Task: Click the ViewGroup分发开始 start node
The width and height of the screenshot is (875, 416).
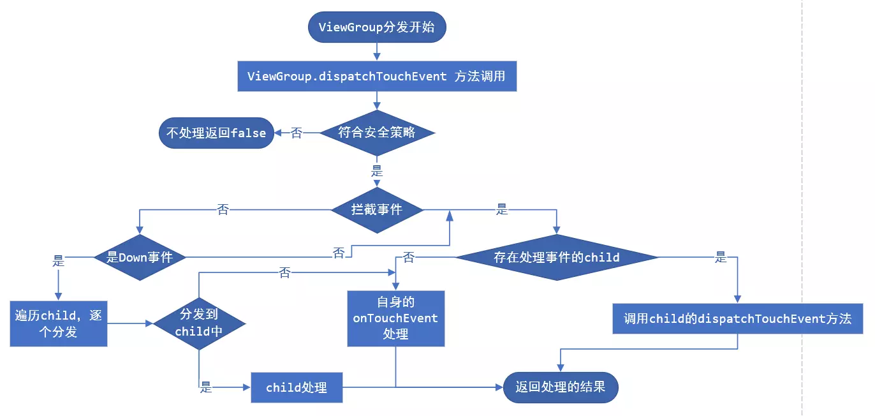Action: point(376,27)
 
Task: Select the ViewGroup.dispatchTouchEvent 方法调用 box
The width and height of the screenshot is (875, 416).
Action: point(376,77)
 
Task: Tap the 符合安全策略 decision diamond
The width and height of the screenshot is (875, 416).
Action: point(376,133)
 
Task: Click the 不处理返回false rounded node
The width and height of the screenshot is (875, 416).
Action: point(216,133)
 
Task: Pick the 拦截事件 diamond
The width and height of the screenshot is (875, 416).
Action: point(376,209)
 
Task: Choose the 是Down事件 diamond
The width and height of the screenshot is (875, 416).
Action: point(139,257)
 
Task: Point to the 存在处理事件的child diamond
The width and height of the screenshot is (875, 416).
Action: point(556,257)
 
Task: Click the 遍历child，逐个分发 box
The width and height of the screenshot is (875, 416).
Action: point(58,323)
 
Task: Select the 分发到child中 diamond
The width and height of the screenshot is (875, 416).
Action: point(199,323)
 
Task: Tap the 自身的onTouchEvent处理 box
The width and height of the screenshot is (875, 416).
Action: point(395,318)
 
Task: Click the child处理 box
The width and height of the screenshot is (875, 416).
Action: point(297,387)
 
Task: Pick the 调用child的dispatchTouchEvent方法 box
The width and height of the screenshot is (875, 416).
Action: point(737,318)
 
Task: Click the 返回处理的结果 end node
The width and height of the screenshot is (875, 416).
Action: point(560,387)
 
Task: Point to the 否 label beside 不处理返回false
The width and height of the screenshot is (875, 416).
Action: point(297,133)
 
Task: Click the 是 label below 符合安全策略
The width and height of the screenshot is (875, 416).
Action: point(377,171)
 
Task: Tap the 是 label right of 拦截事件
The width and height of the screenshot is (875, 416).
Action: point(503,209)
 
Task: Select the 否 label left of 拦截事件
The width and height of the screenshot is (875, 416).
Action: point(223,209)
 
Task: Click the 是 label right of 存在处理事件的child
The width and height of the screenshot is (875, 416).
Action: point(721,257)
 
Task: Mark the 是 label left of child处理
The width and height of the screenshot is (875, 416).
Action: point(205,387)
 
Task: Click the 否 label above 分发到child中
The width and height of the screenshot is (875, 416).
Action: point(284,273)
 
